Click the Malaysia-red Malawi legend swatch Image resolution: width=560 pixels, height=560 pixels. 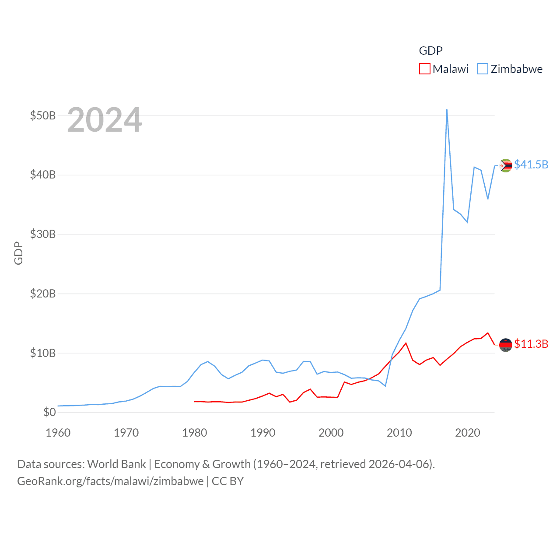[424, 69]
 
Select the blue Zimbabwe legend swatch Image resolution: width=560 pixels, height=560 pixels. [482, 69]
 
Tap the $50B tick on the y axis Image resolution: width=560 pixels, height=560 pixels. [43, 115]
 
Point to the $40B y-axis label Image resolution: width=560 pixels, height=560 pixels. [43, 175]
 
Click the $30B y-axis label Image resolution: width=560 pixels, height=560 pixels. [43, 234]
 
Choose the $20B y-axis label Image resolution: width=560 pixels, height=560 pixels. [43, 294]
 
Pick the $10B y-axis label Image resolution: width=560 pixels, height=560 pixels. [43, 353]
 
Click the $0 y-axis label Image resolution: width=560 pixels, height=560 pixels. [49, 412]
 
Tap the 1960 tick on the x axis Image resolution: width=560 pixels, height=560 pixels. [58, 433]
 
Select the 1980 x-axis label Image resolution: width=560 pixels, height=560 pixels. [195, 433]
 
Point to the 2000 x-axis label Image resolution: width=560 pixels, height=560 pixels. [331, 433]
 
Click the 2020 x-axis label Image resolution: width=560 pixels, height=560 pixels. [468, 433]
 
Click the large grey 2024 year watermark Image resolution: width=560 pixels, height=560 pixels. [104, 119]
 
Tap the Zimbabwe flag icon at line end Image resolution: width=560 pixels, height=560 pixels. [506, 165]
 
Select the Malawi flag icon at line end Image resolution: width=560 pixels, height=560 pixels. [506, 345]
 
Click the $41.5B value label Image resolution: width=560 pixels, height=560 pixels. [531, 164]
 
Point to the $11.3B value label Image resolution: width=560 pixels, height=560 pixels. [531, 344]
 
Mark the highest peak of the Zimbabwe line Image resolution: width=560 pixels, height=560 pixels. [447, 110]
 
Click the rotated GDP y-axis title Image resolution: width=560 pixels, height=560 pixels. [18, 253]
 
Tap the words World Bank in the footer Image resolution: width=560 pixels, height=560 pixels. [117, 464]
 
